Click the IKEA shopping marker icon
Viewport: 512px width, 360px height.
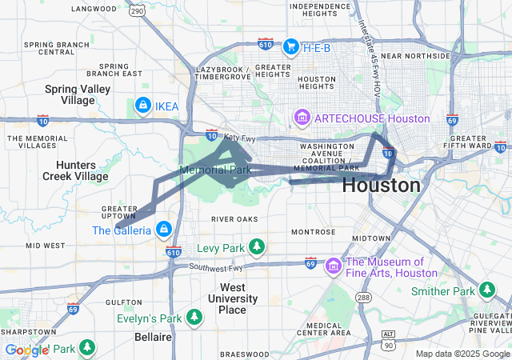click(x=142, y=105)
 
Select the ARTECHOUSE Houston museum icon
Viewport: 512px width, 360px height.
click(x=302, y=118)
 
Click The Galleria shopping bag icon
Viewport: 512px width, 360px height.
click(x=164, y=230)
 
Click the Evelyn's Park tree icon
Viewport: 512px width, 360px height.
click(x=194, y=318)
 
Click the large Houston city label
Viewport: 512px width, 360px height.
click(x=381, y=186)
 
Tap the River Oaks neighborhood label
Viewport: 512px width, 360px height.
click(x=235, y=218)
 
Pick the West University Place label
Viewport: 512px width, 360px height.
click(x=238, y=298)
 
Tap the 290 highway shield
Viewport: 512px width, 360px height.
click(x=138, y=10)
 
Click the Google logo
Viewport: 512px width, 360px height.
click(x=27, y=350)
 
